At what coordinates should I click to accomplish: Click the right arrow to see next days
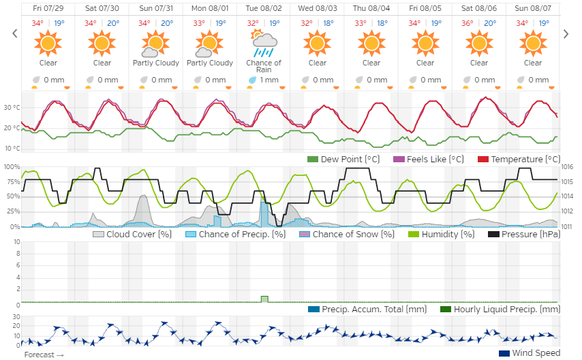(565, 33)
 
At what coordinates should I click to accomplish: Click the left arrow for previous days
(14, 33)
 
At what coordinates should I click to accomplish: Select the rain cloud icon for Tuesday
(263, 46)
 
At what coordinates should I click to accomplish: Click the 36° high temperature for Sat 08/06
(468, 22)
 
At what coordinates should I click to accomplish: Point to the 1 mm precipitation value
(269, 80)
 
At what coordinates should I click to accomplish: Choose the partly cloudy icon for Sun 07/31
(155, 46)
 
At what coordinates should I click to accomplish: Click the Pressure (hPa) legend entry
(524, 235)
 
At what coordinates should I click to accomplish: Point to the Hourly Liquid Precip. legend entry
(500, 310)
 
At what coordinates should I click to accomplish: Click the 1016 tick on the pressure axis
(567, 167)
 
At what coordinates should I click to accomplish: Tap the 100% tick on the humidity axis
(12, 167)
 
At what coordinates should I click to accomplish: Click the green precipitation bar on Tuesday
(264, 299)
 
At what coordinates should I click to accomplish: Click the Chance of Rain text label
(263, 66)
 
